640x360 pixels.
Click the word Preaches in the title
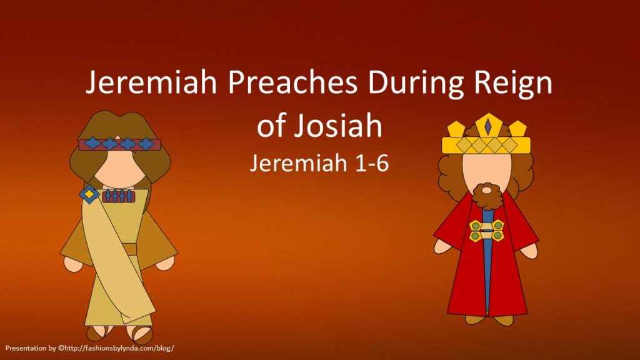[x=292, y=82]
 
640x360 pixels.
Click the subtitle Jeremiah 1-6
[x=319, y=163]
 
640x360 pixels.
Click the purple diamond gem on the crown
[x=487, y=126]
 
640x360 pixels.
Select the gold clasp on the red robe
[x=486, y=231]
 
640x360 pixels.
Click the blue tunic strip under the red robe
[x=487, y=261]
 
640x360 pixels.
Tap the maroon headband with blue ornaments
[x=119, y=144]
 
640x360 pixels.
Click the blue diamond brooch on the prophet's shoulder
[x=89, y=194]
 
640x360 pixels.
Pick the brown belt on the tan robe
[x=130, y=249]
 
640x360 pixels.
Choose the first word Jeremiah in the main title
[x=151, y=82]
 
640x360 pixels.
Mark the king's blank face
[x=487, y=169]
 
